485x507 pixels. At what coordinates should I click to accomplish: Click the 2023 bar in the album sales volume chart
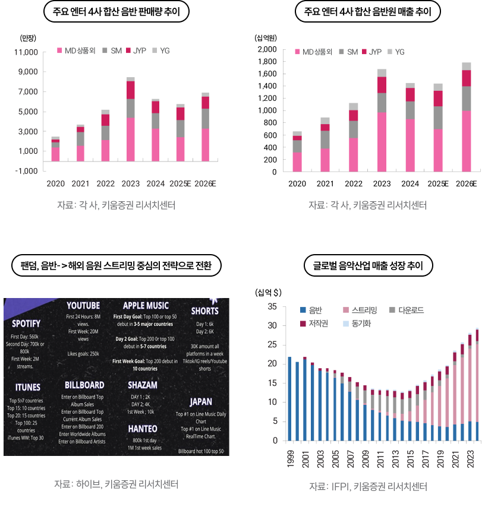pos(130,119)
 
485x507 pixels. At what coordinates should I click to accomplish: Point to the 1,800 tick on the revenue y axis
pos(266,61)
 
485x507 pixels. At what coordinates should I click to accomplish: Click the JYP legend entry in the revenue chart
pos(375,52)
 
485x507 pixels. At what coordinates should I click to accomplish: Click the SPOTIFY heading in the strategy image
pos(26,324)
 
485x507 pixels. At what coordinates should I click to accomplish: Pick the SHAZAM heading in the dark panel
pos(143,385)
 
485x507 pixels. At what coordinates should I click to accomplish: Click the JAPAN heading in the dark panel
pos(201,402)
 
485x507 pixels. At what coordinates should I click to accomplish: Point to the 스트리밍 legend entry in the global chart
pos(364,310)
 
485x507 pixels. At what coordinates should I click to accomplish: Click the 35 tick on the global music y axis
pos(273,306)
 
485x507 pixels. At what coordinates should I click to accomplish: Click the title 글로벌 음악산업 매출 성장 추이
pos(368,266)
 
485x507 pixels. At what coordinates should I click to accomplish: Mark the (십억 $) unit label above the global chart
pos(269,292)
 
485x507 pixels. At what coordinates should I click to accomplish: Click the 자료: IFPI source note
pos(368,487)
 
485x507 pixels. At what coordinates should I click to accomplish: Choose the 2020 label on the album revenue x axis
pos(297,184)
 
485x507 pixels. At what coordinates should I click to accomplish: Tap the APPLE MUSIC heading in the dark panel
pos(146,306)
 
